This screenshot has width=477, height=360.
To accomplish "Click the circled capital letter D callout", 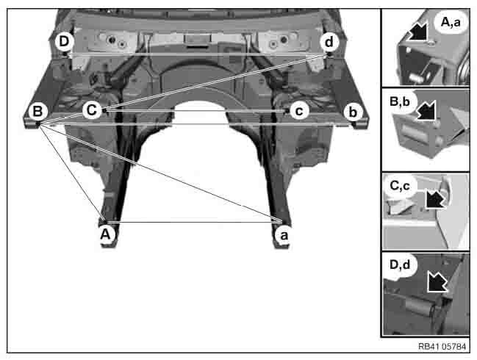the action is pyautogui.click(x=64, y=41).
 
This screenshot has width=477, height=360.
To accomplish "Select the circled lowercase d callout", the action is pyautogui.click(x=329, y=42).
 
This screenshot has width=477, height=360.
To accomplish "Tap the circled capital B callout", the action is pyautogui.click(x=37, y=111).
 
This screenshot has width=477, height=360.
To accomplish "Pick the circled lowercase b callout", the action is pyautogui.click(x=353, y=112).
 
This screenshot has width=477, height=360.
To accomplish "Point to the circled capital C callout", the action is pyautogui.click(x=92, y=110).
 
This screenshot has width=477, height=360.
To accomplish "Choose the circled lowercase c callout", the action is pyautogui.click(x=299, y=111).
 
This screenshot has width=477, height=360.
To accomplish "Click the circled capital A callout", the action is pyautogui.click(x=105, y=234).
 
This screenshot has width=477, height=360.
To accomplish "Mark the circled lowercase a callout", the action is pyautogui.click(x=284, y=235).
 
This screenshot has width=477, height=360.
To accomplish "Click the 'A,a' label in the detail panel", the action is pyautogui.click(x=451, y=22).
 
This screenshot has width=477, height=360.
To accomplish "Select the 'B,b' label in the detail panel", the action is pyautogui.click(x=400, y=101).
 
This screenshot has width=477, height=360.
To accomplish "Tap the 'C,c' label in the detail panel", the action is pyautogui.click(x=400, y=185).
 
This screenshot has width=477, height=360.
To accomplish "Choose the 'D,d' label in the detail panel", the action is pyautogui.click(x=400, y=264).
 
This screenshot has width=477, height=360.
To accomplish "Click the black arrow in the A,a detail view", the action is pyautogui.click(x=417, y=32).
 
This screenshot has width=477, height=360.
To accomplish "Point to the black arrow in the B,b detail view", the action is pyautogui.click(x=426, y=110).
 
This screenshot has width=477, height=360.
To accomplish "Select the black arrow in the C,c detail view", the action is pyautogui.click(x=435, y=198).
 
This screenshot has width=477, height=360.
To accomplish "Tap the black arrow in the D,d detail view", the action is pyautogui.click(x=437, y=282).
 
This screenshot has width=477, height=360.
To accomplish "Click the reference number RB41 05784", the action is pyautogui.click(x=442, y=346).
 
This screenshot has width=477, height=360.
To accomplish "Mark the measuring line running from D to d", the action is pyautogui.click(x=197, y=54).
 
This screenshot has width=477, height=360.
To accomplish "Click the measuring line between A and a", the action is pyautogui.click(x=194, y=222).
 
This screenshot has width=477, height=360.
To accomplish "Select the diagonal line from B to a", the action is pyautogui.click(x=160, y=173).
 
